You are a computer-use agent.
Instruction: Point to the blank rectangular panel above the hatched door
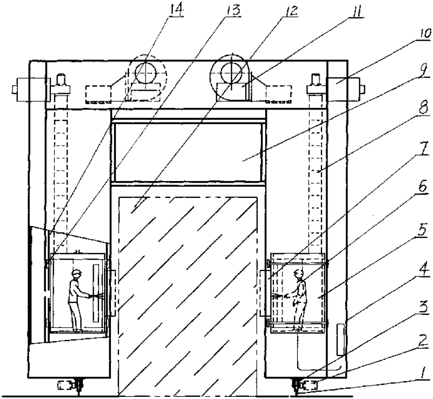(187, 152)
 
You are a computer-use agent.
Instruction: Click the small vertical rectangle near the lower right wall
(340, 339)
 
